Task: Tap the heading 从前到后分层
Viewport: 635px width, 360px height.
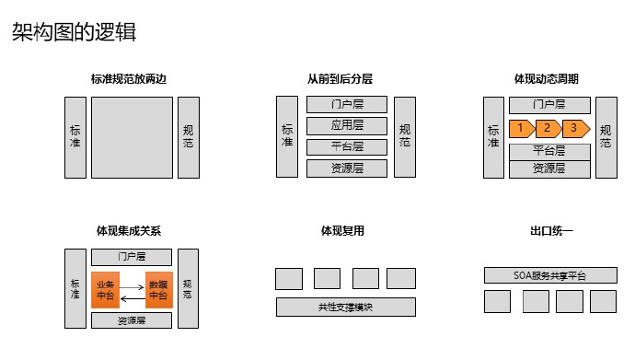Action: (346, 80)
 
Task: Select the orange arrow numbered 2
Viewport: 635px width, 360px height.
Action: (548, 128)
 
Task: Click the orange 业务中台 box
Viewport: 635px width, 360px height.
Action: (106, 289)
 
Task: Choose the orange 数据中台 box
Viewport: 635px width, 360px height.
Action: (158, 289)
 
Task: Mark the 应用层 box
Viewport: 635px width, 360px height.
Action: (346, 125)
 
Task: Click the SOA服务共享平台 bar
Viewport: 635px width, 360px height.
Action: (550, 275)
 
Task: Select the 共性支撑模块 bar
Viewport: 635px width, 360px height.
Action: (346, 308)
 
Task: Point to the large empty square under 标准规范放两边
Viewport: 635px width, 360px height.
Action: (132, 136)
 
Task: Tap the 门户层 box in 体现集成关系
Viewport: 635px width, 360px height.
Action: (132, 256)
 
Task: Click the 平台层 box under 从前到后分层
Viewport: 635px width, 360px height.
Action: (346, 146)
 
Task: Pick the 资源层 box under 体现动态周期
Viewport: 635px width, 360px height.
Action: (549, 168)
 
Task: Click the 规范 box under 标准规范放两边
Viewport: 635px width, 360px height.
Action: (188, 136)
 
